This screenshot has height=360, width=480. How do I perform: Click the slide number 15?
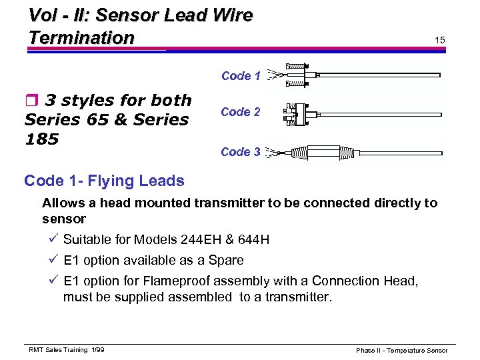[440, 41]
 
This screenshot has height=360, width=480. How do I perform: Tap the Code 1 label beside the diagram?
[241, 76]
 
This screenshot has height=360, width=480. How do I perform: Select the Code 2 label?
[241, 112]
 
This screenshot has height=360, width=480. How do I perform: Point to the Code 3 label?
[241, 152]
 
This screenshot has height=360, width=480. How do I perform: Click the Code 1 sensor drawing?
[360, 75]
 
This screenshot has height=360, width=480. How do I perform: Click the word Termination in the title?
[81, 38]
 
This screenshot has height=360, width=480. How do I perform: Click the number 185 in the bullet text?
[41, 139]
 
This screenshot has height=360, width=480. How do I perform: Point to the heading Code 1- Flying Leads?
[104, 181]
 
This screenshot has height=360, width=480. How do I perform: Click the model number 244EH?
[203, 239]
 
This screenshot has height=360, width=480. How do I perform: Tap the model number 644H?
[253, 239]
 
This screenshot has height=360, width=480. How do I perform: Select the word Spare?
[227, 260]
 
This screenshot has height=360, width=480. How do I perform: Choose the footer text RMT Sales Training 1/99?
[66, 350]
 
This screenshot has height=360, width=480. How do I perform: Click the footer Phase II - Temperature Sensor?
[401, 351]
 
